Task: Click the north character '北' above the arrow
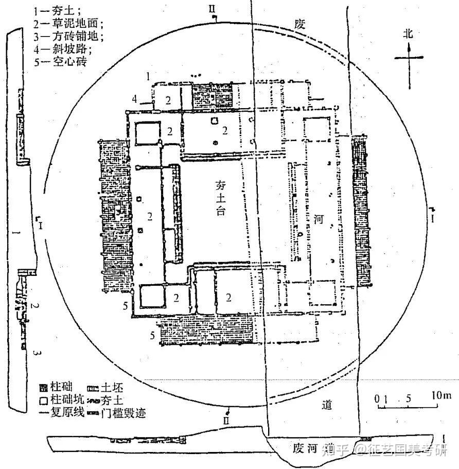coord(408,34)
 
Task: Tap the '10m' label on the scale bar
coord(441,396)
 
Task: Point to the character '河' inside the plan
coord(319,220)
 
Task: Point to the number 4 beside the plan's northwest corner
coord(134,98)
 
